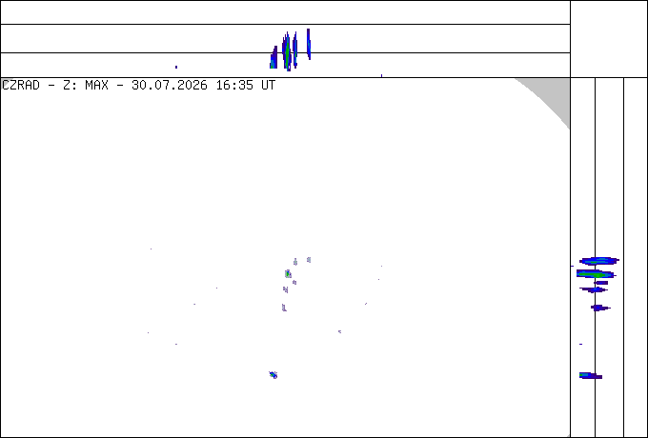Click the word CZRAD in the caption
point(21,86)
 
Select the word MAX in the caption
point(96,86)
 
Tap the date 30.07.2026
point(170,86)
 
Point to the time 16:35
point(234,86)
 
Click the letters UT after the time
point(268,86)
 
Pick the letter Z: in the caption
point(69,86)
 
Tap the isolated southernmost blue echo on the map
point(273,375)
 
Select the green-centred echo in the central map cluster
point(288,273)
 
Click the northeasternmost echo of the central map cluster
point(309,260)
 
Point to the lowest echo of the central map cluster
point(284,308)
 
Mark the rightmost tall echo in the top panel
point(309,44)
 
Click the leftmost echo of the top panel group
point(273,58)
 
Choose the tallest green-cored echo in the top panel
point(287,51)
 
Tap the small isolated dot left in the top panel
point(176,67)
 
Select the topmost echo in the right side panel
point(598,261)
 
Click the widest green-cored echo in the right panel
point(596,273)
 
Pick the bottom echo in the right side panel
point(591,375)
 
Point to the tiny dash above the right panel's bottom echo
point(580,344)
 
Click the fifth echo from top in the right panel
point(600,308)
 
